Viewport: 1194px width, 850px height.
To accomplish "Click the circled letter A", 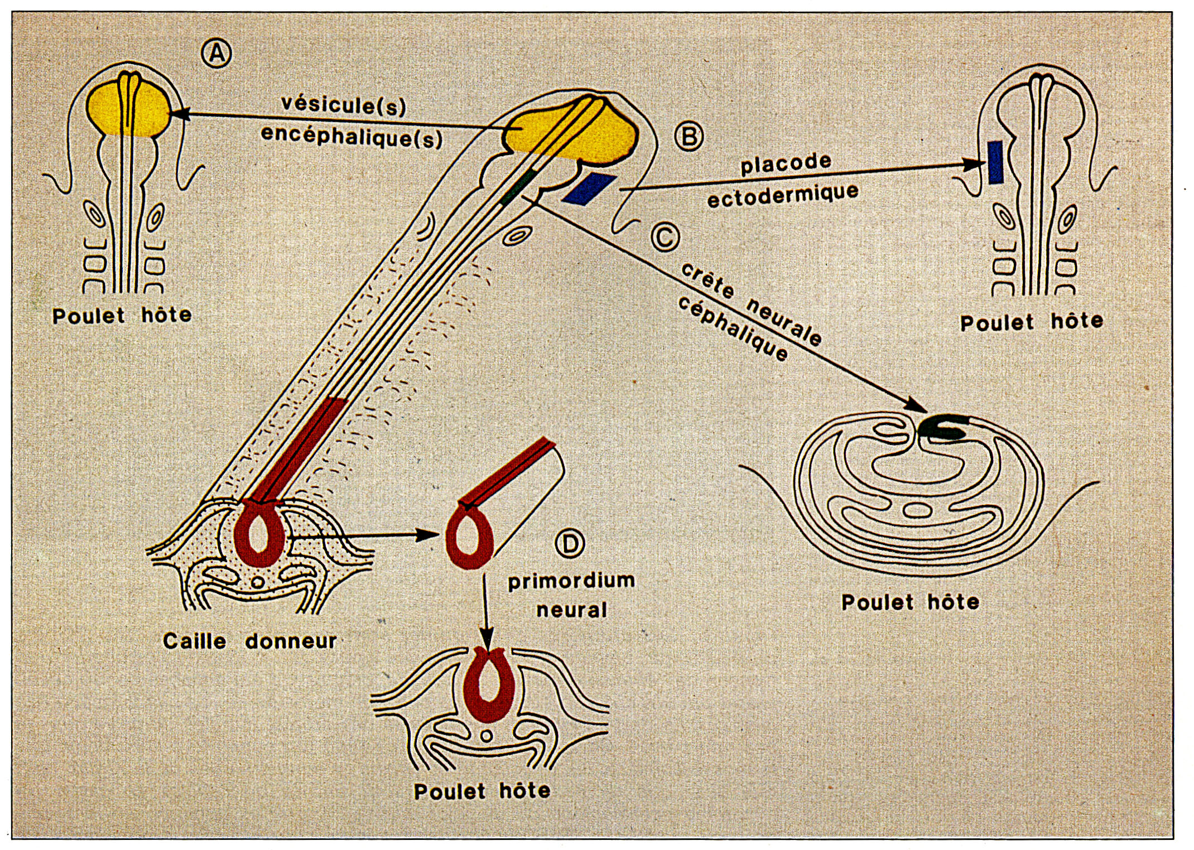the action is click(x=216, y=54).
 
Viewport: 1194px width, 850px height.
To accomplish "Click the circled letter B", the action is click(x=689, y=136).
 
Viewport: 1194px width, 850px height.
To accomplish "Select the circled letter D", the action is click(x=570, y=543).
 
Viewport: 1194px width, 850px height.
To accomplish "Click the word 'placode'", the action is click(x=786, y=164).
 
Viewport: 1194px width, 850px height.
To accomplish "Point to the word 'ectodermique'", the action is click(x=783, y=195).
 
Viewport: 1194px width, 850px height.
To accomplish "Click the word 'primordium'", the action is click(x=571, y=581).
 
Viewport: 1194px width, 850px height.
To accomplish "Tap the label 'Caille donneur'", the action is click(x=249, y=641).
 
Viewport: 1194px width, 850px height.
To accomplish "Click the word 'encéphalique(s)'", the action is click(x=352, y=136).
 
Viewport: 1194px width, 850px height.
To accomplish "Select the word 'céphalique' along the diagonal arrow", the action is click(x=733, y=329).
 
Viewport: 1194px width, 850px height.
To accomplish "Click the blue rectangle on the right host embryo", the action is click(x=995, y=162).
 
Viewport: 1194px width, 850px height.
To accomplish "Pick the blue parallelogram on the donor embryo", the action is click(x=589, y=189).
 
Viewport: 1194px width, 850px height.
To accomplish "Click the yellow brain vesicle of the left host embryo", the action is click(x=128, y=109).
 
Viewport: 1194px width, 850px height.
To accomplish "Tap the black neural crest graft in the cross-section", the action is click(x=943, y=428).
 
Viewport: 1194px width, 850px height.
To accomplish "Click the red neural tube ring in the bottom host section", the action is click(x=488, y=683).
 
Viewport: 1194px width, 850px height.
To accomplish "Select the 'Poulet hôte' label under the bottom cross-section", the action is click(x=482, y=791).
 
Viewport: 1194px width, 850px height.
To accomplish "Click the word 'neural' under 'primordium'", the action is click(x=571, y=610).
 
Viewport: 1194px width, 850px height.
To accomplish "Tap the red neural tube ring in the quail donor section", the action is click(x=259, y=533).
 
